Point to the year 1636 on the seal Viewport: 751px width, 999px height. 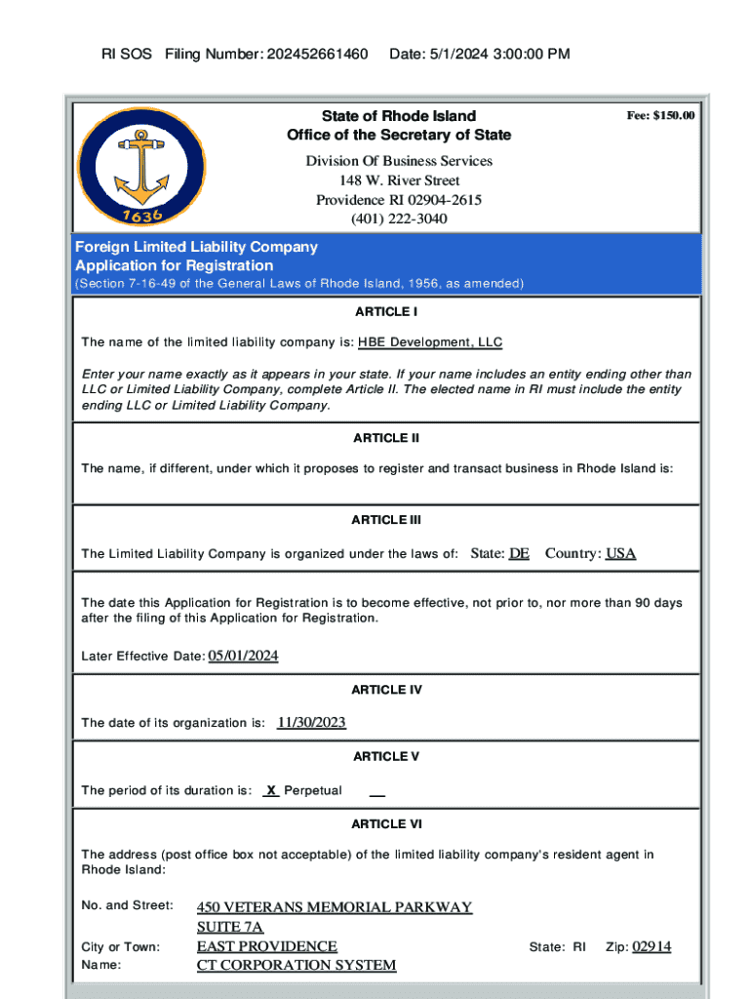[141, 212]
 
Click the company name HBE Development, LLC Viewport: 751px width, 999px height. [430, 342]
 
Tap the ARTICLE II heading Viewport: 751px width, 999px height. [386, 438]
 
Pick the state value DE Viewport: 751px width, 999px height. [519, 553]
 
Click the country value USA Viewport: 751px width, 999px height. [620, 553]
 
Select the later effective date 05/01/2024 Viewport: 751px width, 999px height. [244, 656]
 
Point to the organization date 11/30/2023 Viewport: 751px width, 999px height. [311, 722]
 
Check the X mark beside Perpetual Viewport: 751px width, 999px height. [272, 790]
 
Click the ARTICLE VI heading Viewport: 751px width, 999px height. [386, 824]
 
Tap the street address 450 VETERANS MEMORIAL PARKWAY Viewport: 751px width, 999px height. [335, 907]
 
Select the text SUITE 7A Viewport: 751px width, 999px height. [230, 927]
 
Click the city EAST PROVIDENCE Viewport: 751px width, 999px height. [267, 946]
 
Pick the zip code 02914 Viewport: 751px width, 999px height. [652, 946]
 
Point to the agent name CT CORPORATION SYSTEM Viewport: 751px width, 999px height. [296, 965]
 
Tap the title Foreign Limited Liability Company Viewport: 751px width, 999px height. [196, 247]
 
